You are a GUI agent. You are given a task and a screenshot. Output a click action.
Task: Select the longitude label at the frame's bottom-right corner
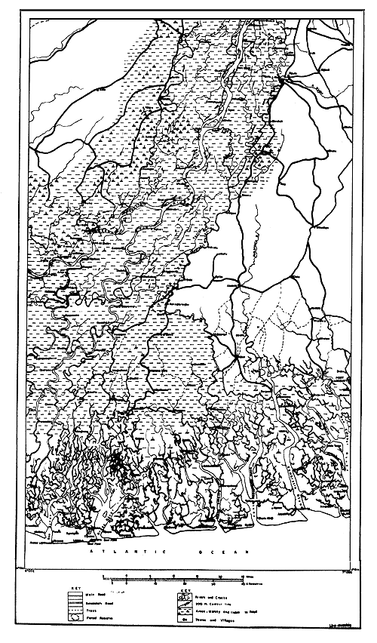tap(348, 568)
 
